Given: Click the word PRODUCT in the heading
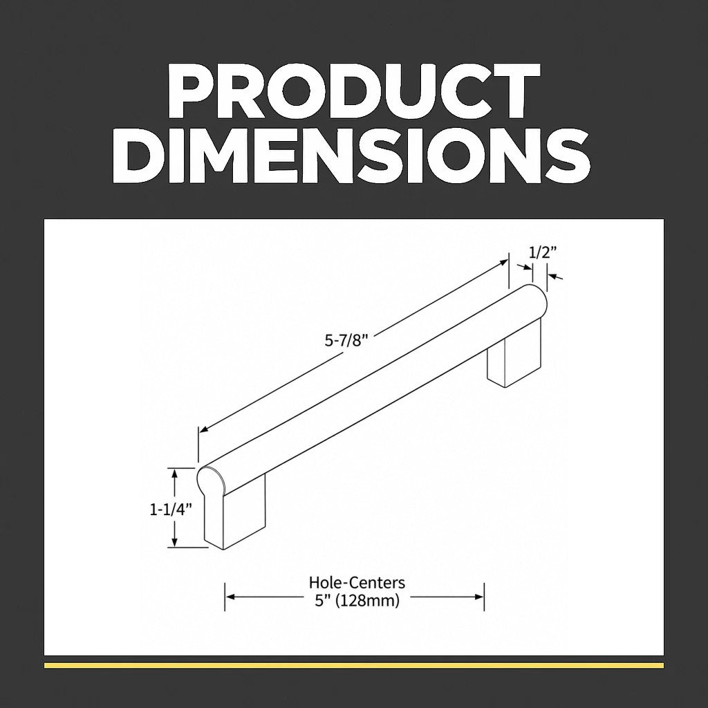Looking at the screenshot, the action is [353, 91].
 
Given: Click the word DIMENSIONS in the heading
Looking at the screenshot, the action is [351, 155].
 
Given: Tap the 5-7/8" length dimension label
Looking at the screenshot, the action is [344, 340].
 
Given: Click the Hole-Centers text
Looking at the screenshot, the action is [357, 582].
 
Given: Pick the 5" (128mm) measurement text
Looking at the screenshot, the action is [357, 601].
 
